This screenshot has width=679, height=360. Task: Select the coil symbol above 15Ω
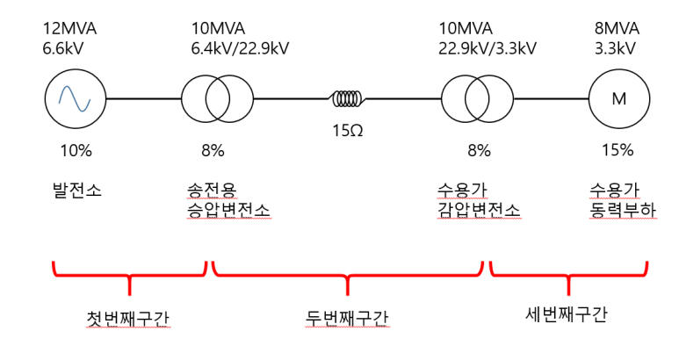point(348,98)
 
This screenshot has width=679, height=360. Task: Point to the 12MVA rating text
point(69,28)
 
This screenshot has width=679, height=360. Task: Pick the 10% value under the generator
point(75,150)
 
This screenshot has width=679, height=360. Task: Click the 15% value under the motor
point(617,150)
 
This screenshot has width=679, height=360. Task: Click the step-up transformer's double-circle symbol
point(216,99)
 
